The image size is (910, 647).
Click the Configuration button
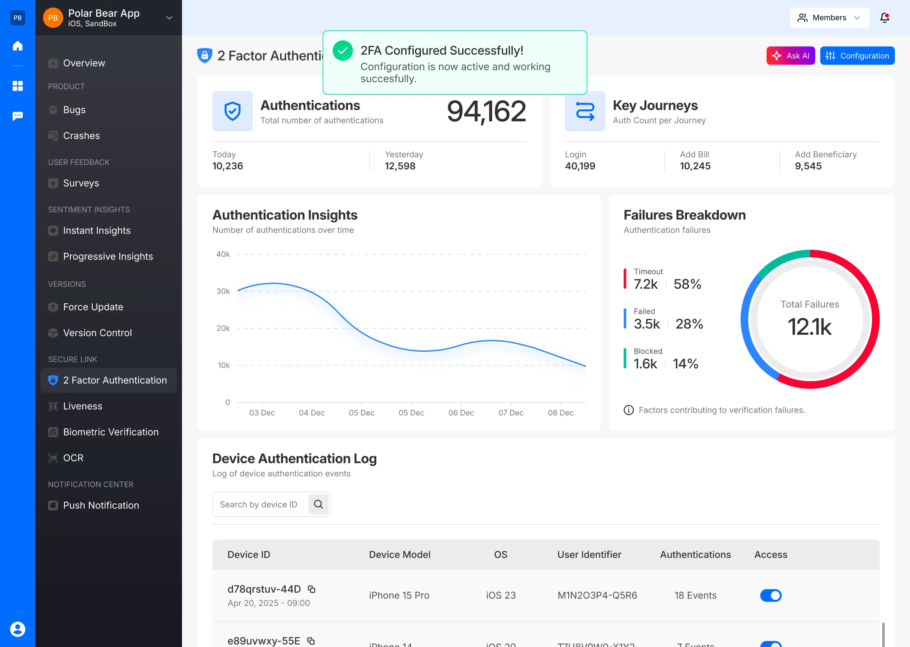(x=857, y=56)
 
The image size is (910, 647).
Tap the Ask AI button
(x=790, y=56)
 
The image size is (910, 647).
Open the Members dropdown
(x=829, y=18)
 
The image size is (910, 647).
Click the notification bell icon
(x=884, y=18)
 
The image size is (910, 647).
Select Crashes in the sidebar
(x=81, y=136)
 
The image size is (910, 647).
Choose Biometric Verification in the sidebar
(x=110, y=432)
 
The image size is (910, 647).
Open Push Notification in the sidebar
(x=101, y=505)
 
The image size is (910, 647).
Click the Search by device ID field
(x=259, y=504)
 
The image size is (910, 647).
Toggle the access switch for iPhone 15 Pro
(x=771, y=595)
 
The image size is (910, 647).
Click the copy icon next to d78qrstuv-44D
(x=312, y=589)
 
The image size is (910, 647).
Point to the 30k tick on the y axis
(x=223, y=291)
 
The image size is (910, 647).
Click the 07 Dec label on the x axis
(x=511, y=413)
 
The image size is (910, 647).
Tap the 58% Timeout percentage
(x=687, y=284)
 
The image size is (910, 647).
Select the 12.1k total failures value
(x=809, y=326)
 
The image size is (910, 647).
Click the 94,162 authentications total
(x=486, y=112)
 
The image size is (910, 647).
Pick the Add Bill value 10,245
(x=695, y=166)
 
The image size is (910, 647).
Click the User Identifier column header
(x=589, y=554)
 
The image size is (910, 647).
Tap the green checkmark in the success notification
(x=343, y=51)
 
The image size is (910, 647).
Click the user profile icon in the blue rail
(x=18, y=629)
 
